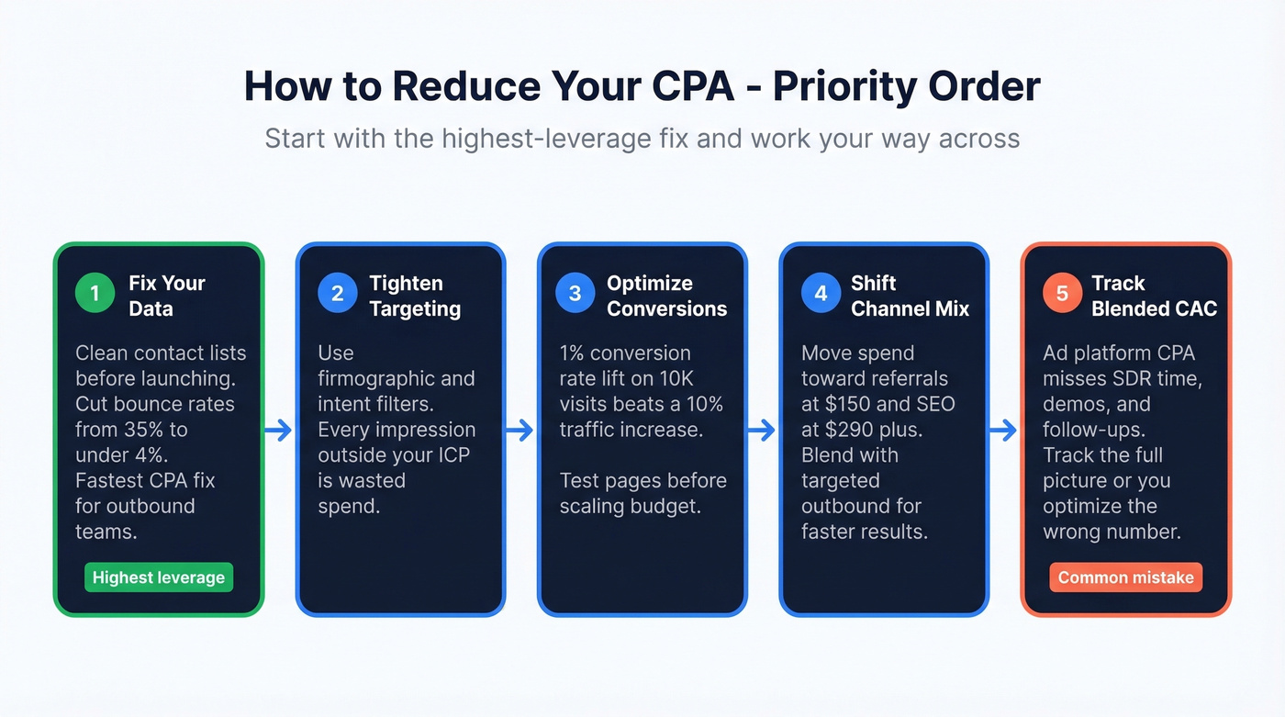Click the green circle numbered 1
pyautogui.click(x=95, y=293)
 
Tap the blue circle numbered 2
pyautogui.click(x=338, y=293)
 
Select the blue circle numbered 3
pyautogui.click(x=575, y=293)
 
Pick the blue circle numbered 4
pyautogui.click(x=821, y=293)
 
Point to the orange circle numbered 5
pyautogui.click(x=1062, y=293)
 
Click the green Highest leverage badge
pyautogui.click(x=159, y=577)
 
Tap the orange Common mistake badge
pyautogui.click(x=1125, y=577)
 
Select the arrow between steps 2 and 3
pyautogui.click(x=520, y=430)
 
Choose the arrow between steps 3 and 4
pyautogui.click(x=763, y=430)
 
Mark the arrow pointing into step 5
pyautogui.click(x=1004, y=430)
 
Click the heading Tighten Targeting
pyautogui.click(x=415, y=296)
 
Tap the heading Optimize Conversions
pyautogui.click(x=666, y=296)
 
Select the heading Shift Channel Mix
pyautogui.click(x=910, y=296)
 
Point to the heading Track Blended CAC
pyautogui.click(x=1154, y=296)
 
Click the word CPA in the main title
pyautogui.click(x=698, y=86)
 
